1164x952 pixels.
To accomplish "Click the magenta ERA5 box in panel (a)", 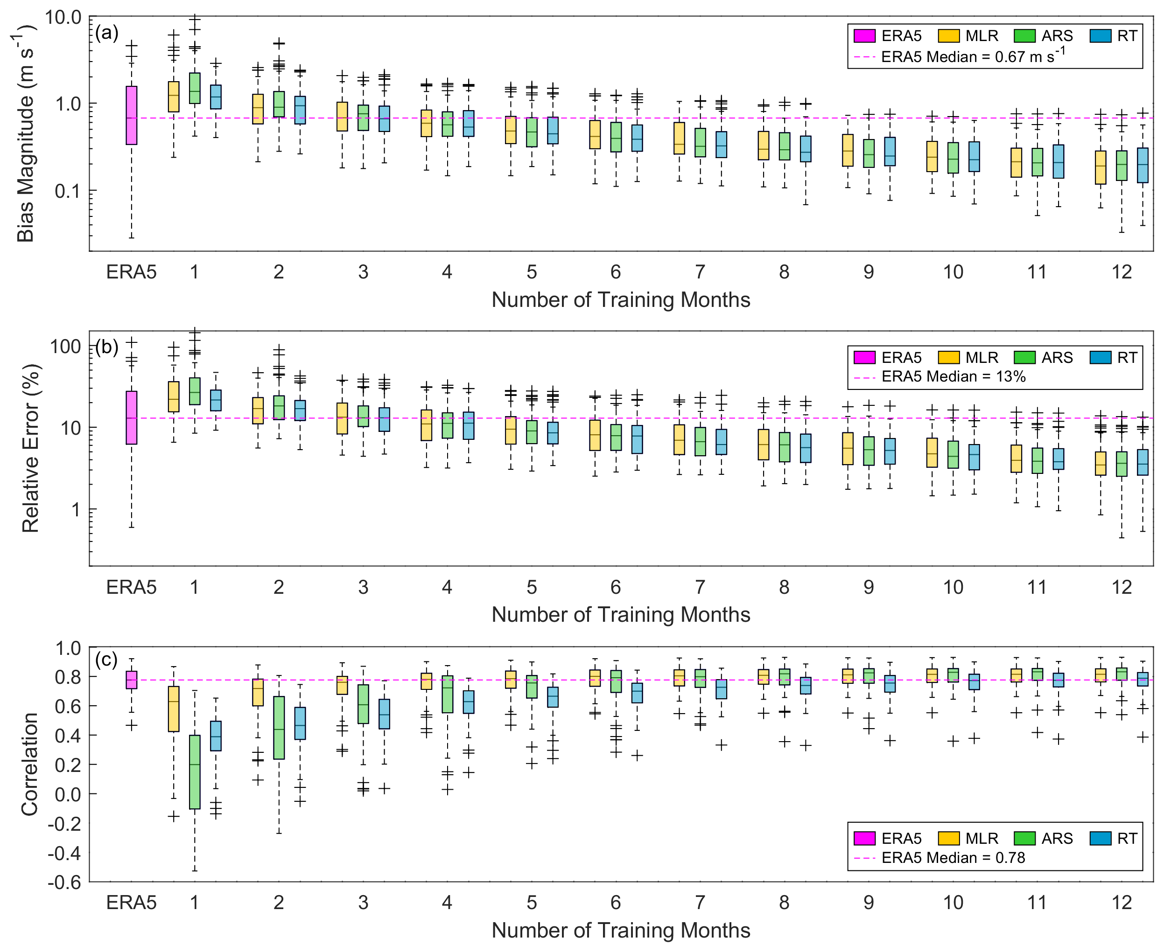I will pyautogui.click(x=131, y=115).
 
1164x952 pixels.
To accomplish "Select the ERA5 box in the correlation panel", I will pyautogui.click(x=131, y=680).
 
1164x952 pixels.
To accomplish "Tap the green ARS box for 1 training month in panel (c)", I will pyautogui.click(x=194, y=771).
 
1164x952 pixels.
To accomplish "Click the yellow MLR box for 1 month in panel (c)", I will pyautogui.click(x=174, y=709).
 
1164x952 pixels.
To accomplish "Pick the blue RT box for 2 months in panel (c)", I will pyautogui.click(x=300, y=723).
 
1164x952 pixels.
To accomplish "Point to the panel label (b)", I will pyautogui.click(x=106, y=347).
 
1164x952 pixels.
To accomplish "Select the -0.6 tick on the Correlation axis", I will pyautogui.click(x=65, y=883).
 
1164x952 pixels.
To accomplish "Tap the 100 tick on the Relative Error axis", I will pyautogui.click(x=65, y=347).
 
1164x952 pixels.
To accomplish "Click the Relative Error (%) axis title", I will pyautogui.click(x=30, y=448).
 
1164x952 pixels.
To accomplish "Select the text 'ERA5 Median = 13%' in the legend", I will pyautogui.click(x=953, y=377).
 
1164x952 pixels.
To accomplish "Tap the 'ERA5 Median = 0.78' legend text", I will pyautogui.click(x=953, y=858).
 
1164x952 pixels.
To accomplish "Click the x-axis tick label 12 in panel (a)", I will pyautogui.click(x=1121, y=272).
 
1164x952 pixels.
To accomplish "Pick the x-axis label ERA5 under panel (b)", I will pyautogui.click(x=131, y=587).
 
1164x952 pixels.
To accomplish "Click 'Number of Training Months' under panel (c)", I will pyautogui.click(x=621, y=930).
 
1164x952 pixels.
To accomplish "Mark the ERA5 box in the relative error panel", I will pyautogui.click(x=131, y=418).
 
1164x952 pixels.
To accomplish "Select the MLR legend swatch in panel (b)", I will pyautogui.click(x=948, y=358).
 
